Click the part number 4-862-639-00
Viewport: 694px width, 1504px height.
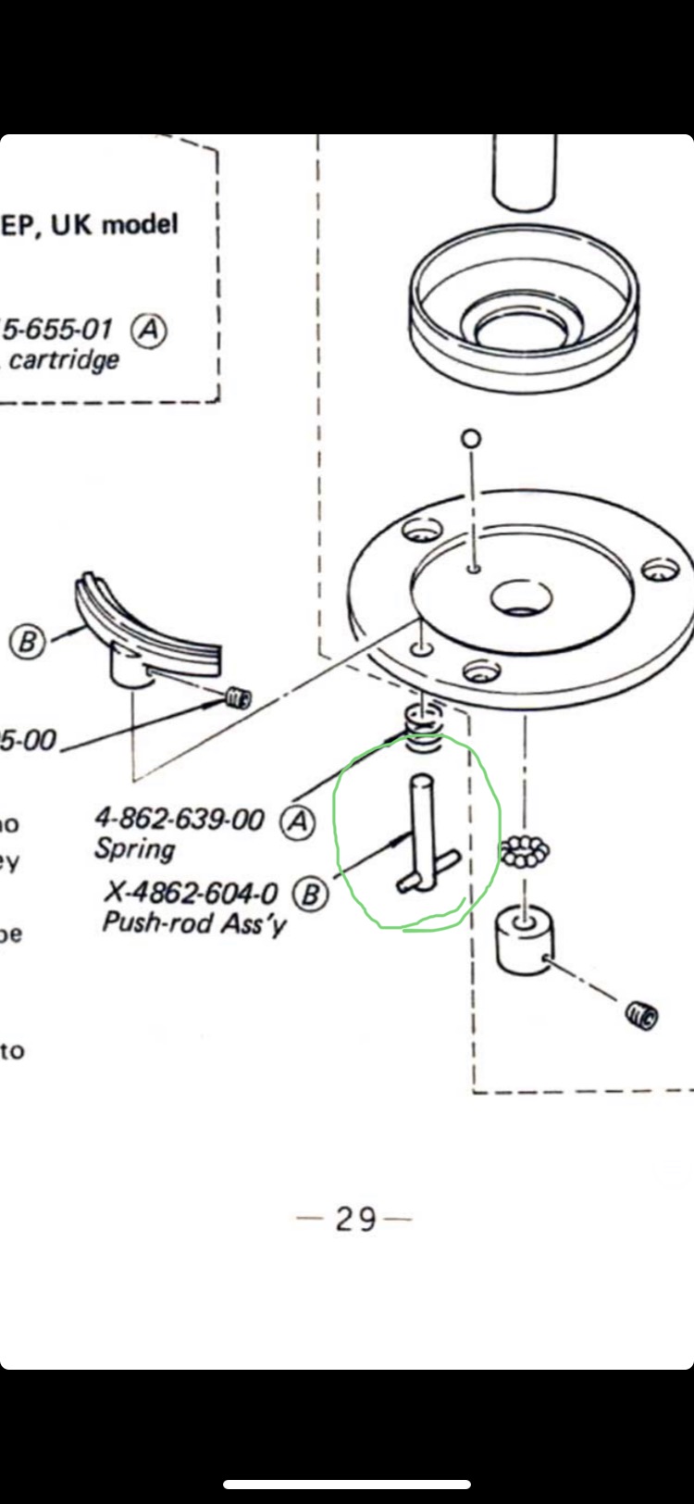(179, 819)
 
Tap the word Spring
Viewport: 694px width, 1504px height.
(134, 848)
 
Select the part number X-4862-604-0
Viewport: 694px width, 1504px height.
(191, 892)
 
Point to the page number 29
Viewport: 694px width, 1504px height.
(355, 1219)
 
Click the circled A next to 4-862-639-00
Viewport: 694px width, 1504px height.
(297, 821)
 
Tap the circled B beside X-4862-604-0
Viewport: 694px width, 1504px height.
(310, 895)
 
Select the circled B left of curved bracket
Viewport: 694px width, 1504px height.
(28, 642)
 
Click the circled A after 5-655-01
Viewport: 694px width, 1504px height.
(149, 330)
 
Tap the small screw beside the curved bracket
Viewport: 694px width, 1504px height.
(238, 697)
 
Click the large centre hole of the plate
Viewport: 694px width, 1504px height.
(521, 597)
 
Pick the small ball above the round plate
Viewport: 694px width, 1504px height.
(472, 437)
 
